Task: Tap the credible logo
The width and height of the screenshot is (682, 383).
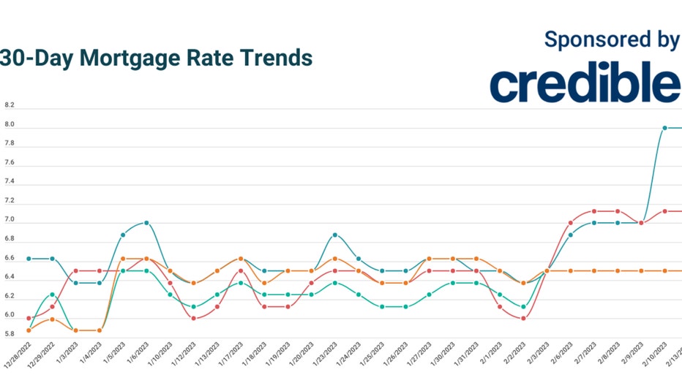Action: click(x=585, y=83)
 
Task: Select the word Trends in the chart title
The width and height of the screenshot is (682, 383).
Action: click(x=277, y=58)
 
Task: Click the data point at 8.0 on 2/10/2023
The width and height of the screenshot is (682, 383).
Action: click(x=664, y=128)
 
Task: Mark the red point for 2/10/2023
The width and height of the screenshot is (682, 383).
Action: click(x=664, y=211)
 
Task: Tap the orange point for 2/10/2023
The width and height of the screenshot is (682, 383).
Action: click(x=664, y=271)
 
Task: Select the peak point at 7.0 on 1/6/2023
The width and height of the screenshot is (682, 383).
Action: click(x=146, y=223)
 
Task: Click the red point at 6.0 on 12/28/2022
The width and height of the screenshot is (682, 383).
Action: click(x=29, y=318)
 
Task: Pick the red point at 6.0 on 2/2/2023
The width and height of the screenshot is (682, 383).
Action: click(x=523, y=318)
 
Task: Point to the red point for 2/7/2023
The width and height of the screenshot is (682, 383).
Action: click(x=594, y=211)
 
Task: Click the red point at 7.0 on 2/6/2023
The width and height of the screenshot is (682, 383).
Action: click(x=571, y=223)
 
